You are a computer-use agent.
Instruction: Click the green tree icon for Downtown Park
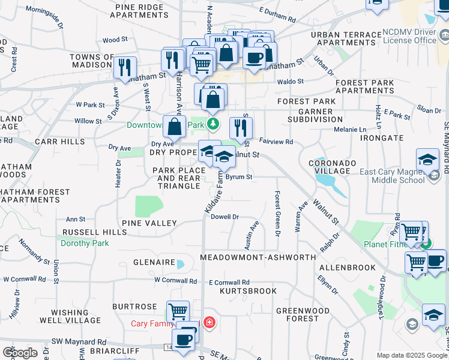(212, 124)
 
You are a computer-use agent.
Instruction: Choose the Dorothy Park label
(85, 244)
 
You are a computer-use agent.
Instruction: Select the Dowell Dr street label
(225, 217)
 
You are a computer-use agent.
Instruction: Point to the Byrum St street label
(240, 177)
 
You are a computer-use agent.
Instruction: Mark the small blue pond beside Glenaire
(181, 263)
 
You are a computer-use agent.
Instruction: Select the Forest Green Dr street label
(277, 214)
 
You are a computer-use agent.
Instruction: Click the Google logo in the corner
(20, 352)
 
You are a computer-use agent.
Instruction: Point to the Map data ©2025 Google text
(411, 355)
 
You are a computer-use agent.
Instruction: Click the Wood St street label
(115, 40)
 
